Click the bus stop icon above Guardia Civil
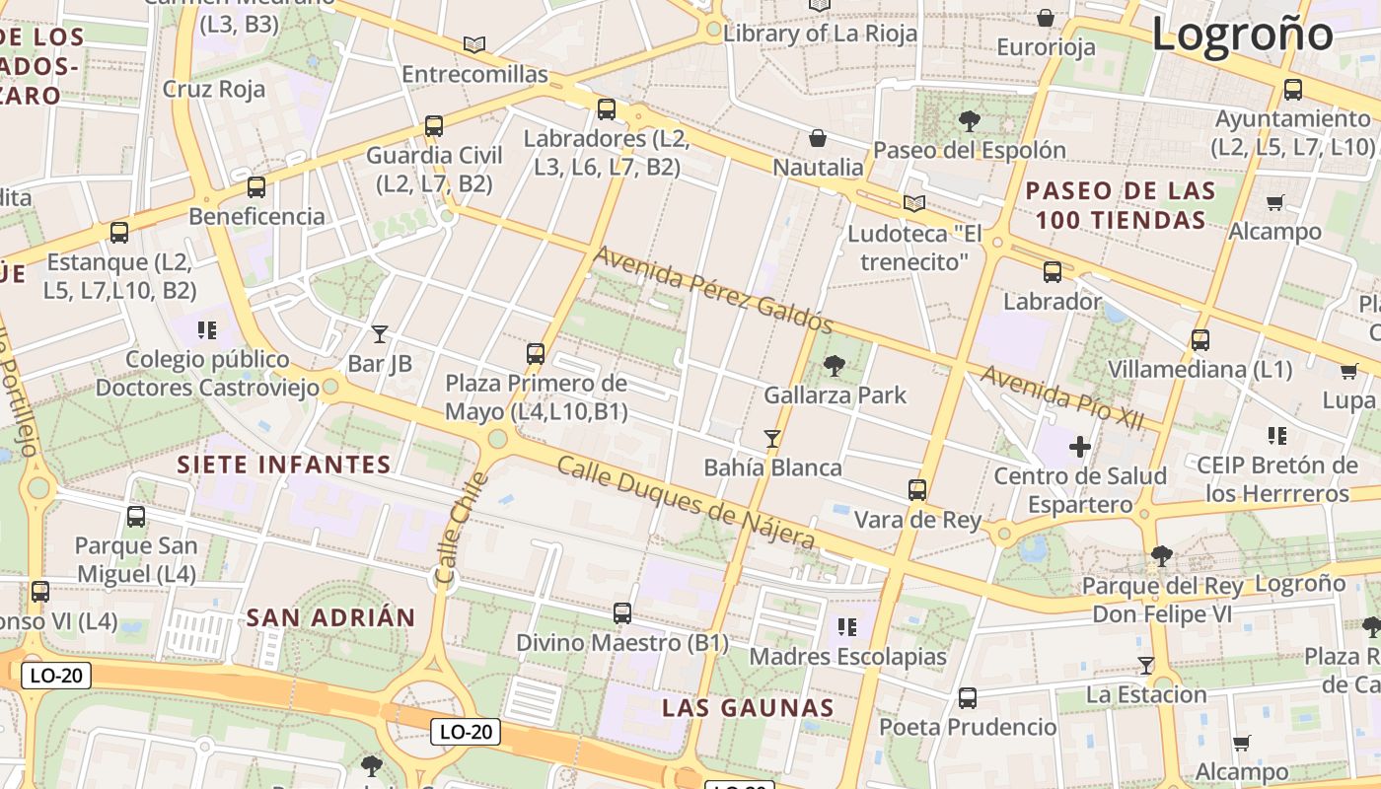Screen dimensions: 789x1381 [x=434, y=126]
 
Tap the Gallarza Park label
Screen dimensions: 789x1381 [x=835, y=394]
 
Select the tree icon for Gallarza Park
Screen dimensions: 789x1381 [x=835, y=366]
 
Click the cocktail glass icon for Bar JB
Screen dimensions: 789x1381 [x=380, y=334]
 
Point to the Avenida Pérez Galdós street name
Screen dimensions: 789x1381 [x=713, y=290]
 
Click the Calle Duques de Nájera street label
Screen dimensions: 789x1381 [x=687, y=503]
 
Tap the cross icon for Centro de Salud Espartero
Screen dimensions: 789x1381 [x=1080, y=447]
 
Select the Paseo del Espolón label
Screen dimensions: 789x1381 [x=970, y=150]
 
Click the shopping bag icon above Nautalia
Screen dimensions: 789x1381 [x=818, y=138]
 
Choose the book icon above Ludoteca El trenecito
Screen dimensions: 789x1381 [x=914, y=203]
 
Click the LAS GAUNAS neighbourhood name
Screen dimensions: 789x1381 [x=748, y=707]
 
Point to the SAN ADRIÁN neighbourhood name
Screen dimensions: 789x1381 [x=330, y=618]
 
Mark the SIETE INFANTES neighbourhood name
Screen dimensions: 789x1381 [x=284, y=465]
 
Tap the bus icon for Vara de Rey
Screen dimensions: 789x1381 [x=917, y=490]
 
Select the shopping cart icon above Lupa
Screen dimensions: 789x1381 [x=1348, y=372]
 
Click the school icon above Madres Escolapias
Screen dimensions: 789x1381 [x=846, y=626]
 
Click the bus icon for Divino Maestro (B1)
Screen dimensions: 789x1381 [x=622, y=613]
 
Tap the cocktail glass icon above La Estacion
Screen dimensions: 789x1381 [x=1145, y=666]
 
